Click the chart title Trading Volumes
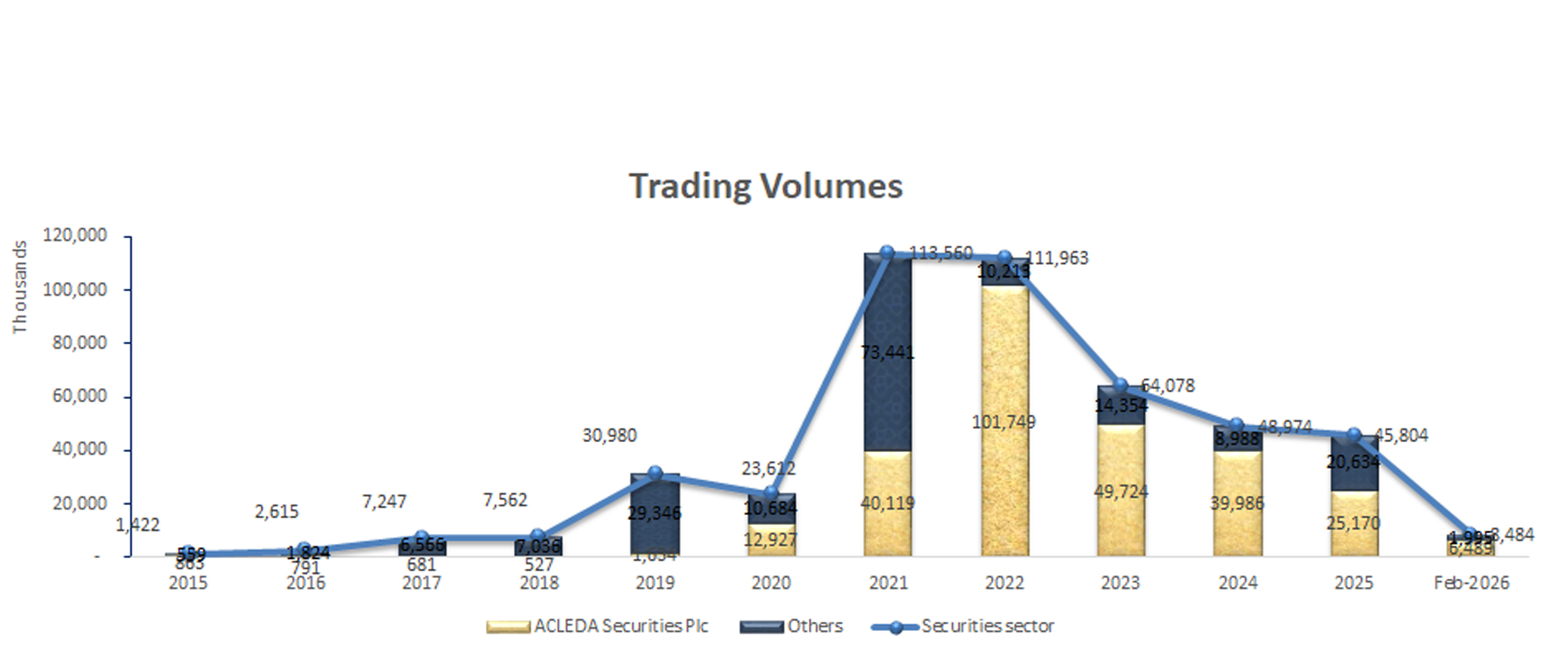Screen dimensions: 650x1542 click(x=766, y=187)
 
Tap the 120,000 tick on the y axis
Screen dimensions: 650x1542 click(x=74, y=236)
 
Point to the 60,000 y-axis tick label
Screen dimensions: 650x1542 click(x=79, y=396)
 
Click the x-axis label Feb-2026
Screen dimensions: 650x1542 click(x=1471, y=582)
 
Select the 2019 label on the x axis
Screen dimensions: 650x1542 click(x=654, y=582)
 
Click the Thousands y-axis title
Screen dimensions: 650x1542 click(x=20, y=287)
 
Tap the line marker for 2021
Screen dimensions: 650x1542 click(x=887, y=253)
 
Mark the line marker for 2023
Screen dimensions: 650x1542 click(x=1120, y=385)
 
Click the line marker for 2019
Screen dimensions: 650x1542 click(x=655, y=473)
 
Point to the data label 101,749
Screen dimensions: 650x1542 click(x=1004, y=422)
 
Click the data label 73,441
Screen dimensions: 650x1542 click(x=887, y=353)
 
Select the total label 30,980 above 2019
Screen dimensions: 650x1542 click(x=610, y=435)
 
